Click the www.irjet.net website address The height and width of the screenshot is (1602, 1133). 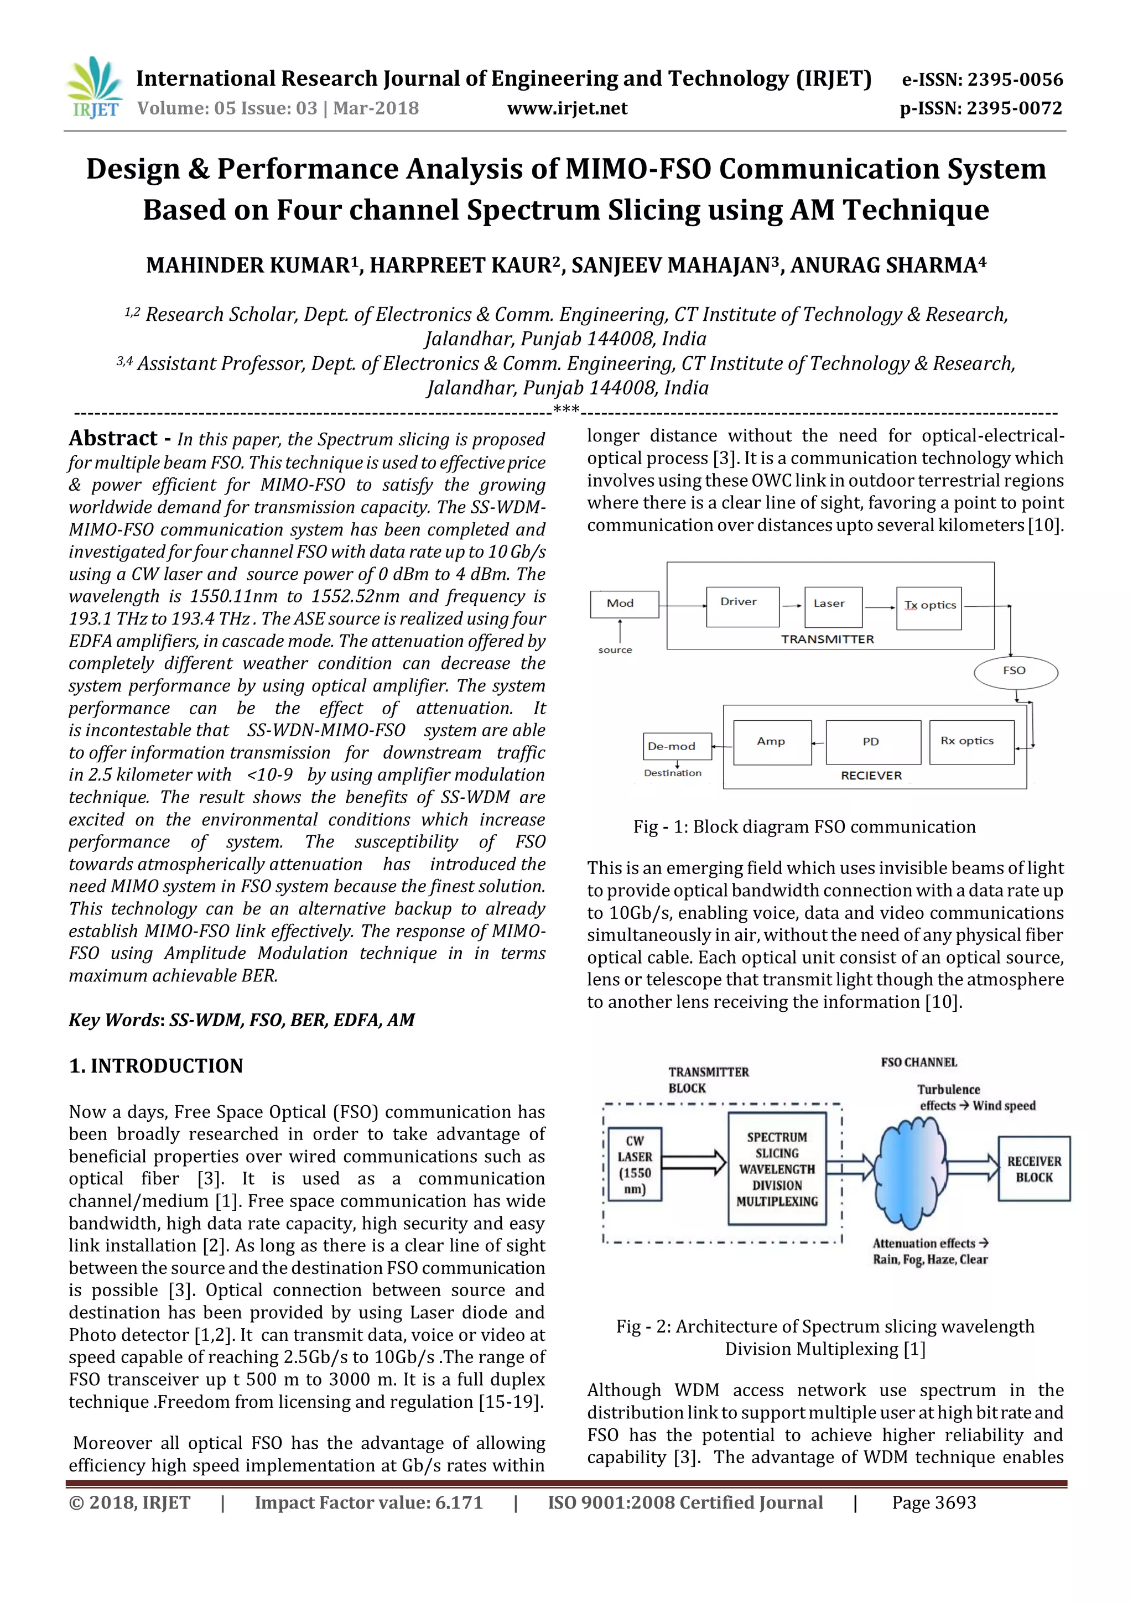tap(566, 108)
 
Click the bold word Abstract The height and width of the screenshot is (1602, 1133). tap(113, 438)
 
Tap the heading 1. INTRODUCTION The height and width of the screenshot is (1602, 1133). tap(156, 1065)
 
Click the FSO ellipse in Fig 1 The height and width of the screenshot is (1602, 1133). tap(1015, 671)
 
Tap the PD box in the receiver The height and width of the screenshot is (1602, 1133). tap(872, 742)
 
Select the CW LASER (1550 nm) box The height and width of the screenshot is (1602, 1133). tap(634, 1164)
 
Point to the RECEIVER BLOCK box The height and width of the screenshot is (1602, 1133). tap(1033, 1169)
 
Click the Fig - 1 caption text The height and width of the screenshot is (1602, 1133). tap(804, 827)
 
